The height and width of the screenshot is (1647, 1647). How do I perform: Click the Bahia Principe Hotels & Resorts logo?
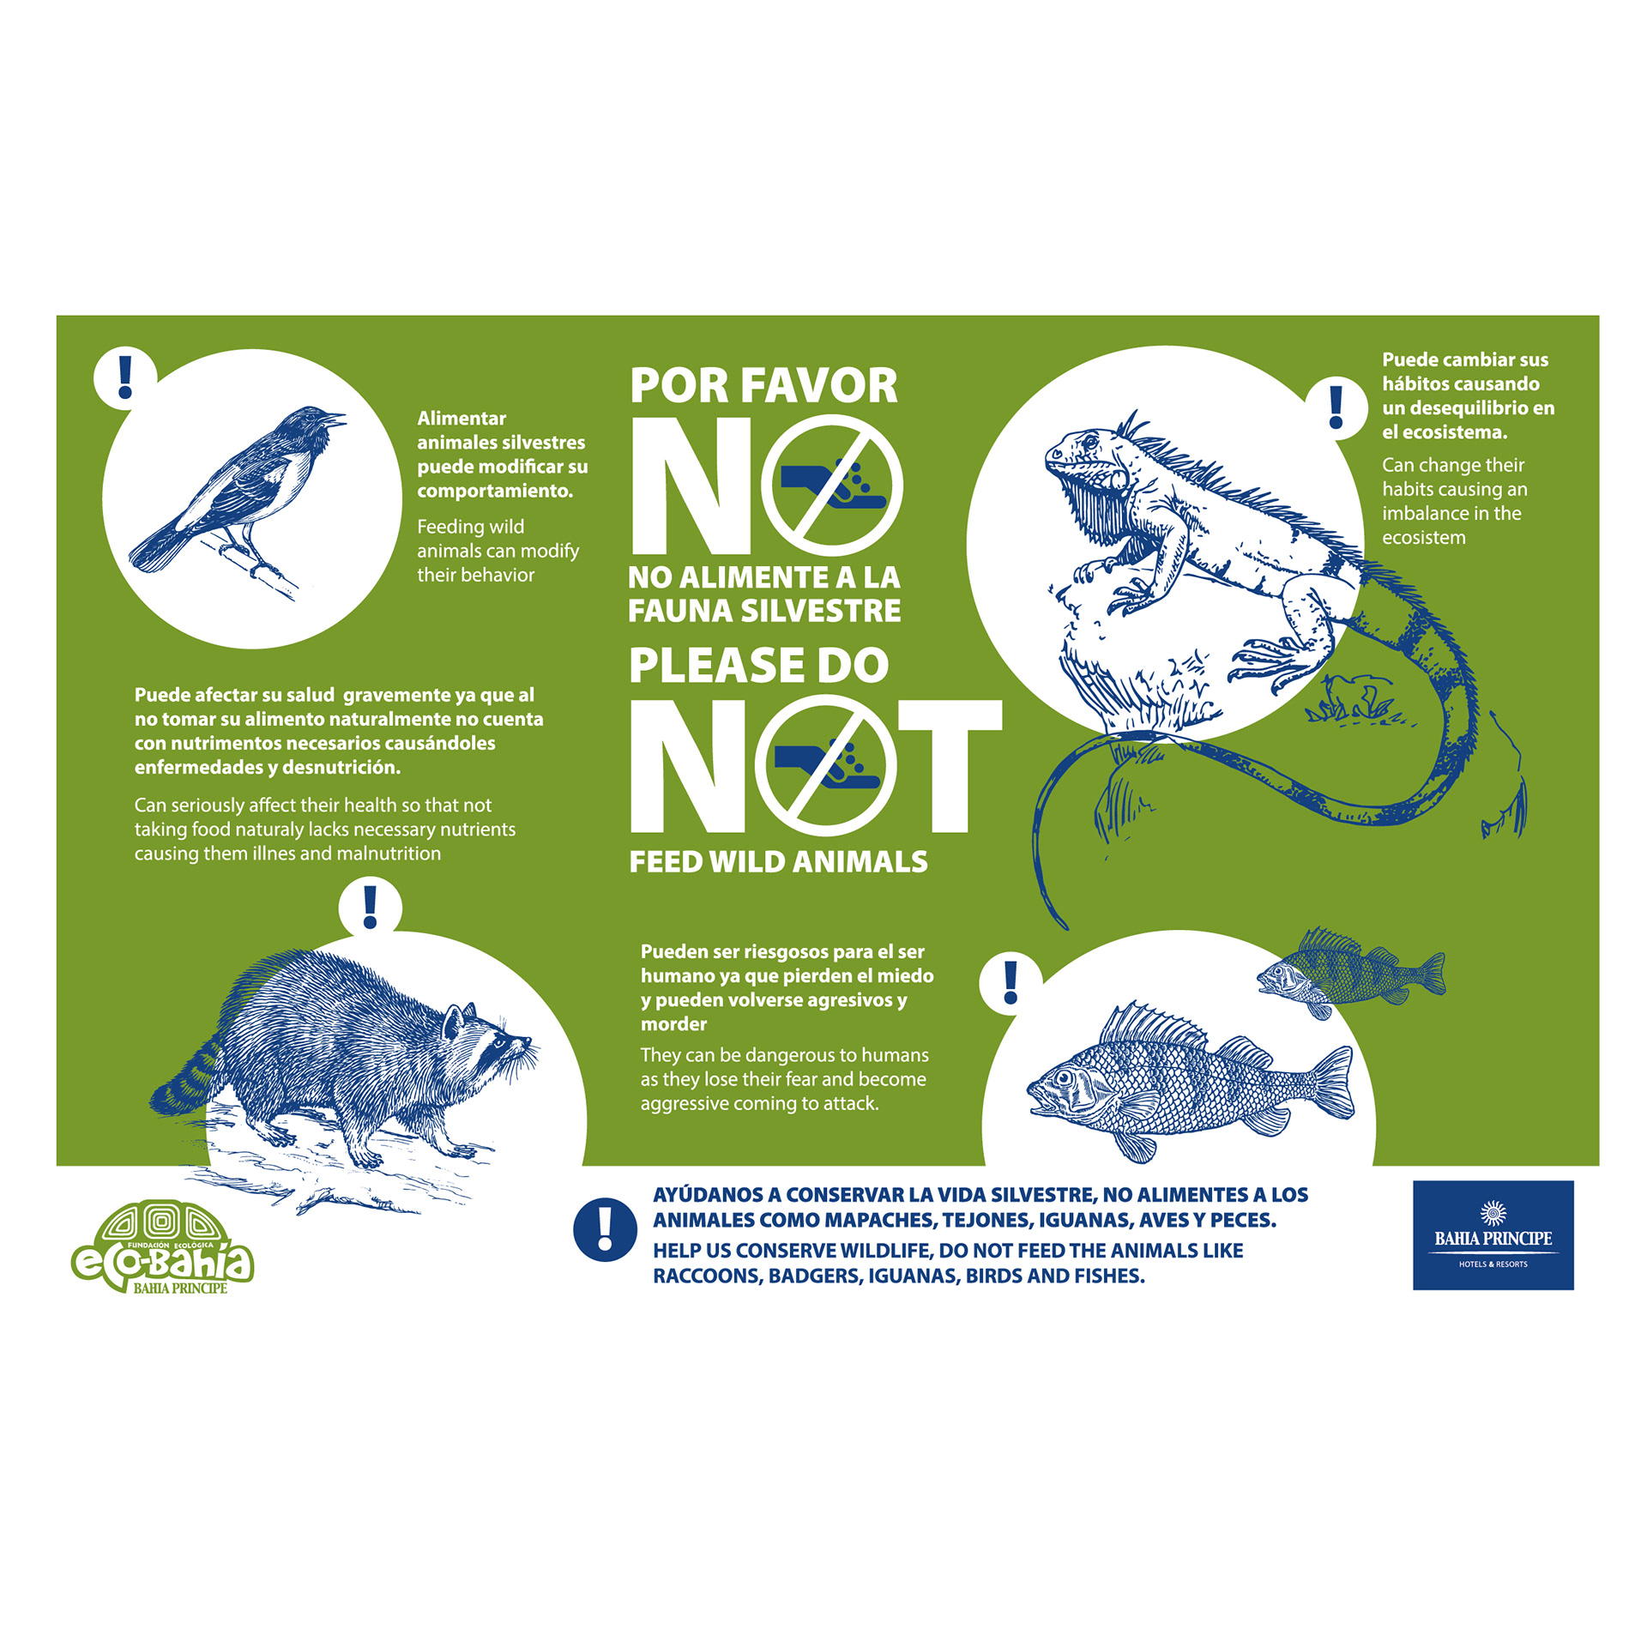pos(1493,1235)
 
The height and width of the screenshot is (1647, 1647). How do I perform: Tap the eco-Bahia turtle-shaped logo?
pos(162,1247)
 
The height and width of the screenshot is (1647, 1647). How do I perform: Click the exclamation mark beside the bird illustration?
pos(125,377)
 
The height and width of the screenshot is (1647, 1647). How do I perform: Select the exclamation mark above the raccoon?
pos(370,907)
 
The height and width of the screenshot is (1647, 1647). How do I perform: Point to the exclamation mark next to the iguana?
pos(1336,407)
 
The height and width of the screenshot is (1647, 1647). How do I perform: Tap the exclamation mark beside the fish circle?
pos(1011,982)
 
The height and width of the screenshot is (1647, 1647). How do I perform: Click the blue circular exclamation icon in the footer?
pos(605,1229)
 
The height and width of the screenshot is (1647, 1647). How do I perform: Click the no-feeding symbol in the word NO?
pos(831,485)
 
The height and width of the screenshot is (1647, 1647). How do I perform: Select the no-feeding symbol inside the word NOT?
pos(826,765)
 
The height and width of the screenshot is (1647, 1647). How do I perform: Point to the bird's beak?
pos(335,419)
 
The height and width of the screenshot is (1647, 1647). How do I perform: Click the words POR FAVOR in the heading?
pos(763,385)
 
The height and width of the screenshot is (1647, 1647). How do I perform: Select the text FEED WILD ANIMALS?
pos(778,861)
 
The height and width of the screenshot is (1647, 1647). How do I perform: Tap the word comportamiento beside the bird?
pos(495,491)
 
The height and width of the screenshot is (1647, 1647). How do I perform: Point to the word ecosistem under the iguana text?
pos(1423,538)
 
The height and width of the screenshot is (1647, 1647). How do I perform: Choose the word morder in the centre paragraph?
pos(673,1023)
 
